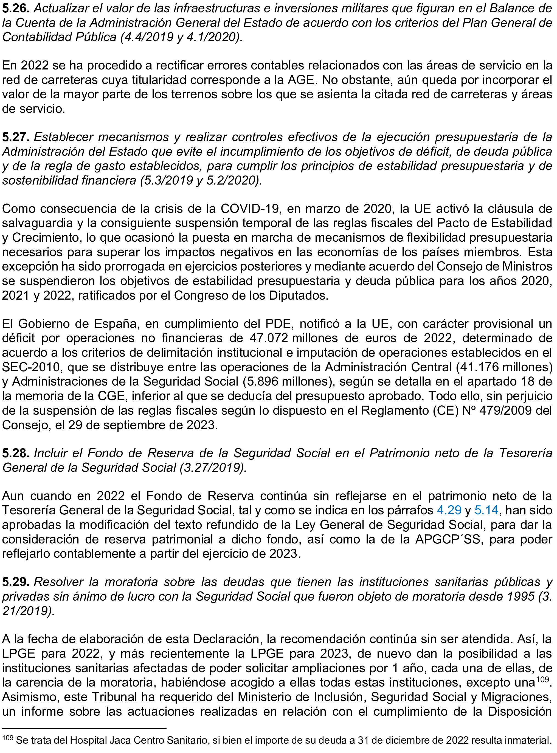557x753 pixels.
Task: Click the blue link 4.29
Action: [x=449, y=510]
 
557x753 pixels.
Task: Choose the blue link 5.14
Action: [x=486, y=510]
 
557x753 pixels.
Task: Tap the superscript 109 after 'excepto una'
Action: [x=543, y=679]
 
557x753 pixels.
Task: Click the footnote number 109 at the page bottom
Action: [x=7, y=737]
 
